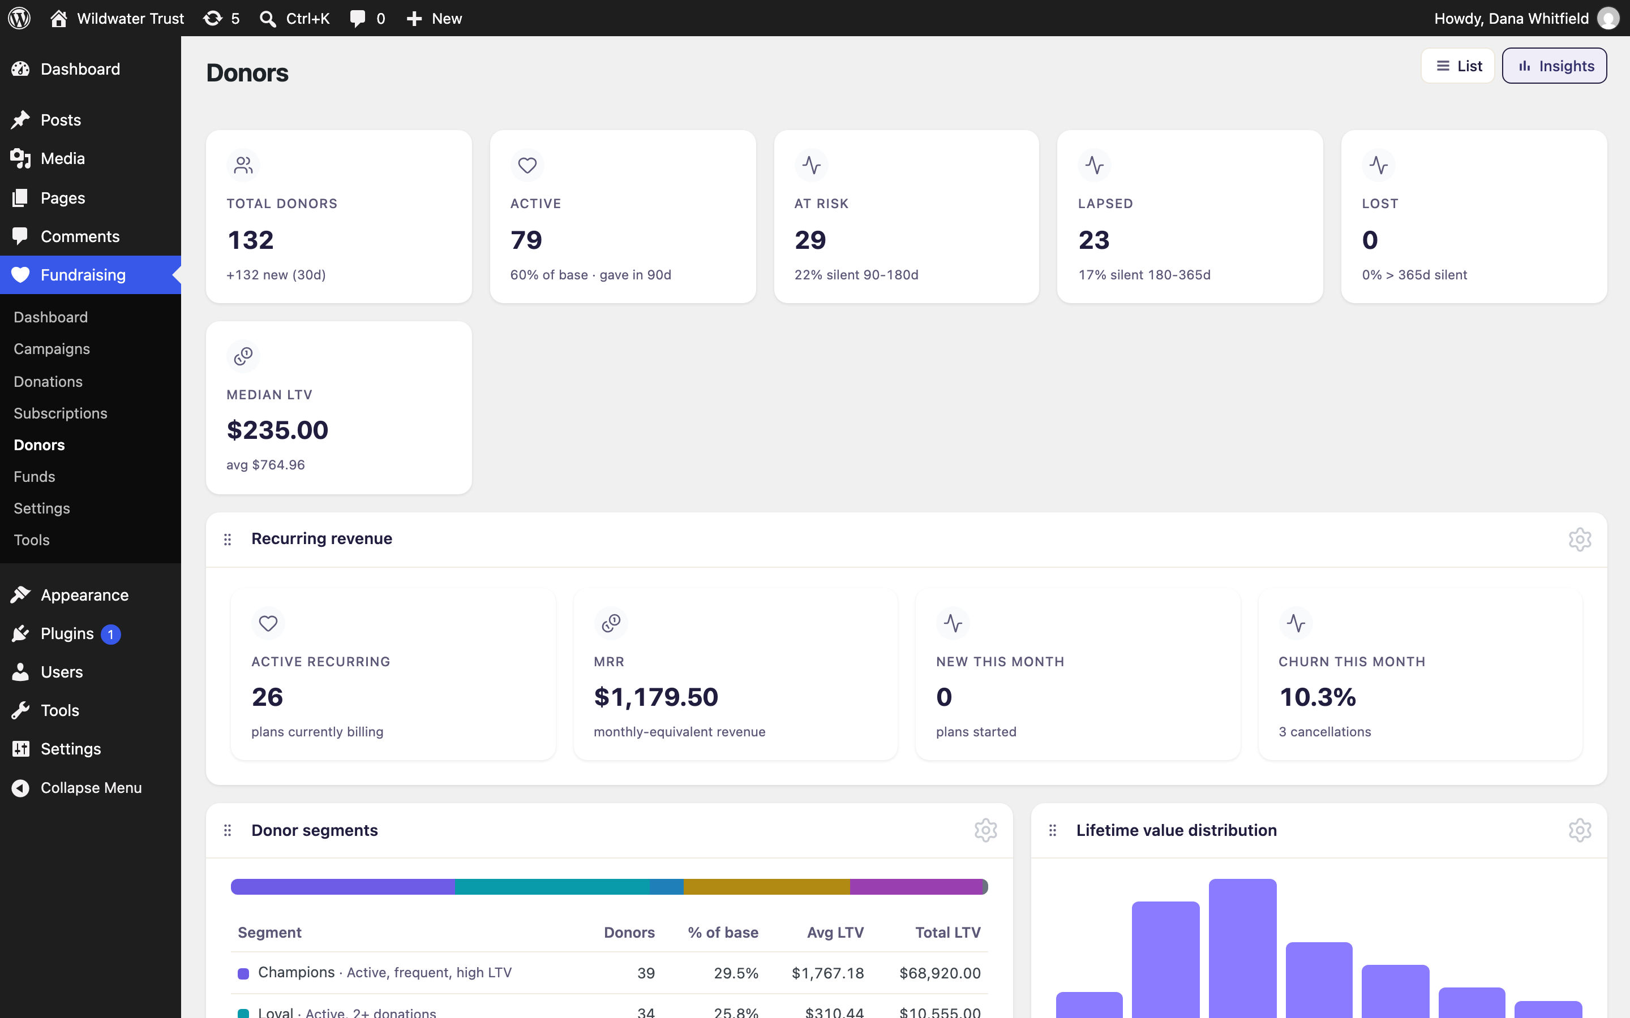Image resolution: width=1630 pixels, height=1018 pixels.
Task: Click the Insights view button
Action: pos(1554,66)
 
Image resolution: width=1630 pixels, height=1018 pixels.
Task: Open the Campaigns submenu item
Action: pos(52,349)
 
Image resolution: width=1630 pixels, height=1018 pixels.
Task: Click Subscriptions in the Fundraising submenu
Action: pos(61,413)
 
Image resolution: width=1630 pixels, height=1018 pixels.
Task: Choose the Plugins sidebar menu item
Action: pos(67,633)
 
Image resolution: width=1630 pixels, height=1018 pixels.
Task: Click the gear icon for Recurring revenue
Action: pos(1580,540)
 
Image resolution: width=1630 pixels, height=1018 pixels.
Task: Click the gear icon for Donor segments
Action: pos(985,830)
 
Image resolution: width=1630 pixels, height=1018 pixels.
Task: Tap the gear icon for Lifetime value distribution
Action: pos(1580,830)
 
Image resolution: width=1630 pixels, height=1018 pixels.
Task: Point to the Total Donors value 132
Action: pos(251,240)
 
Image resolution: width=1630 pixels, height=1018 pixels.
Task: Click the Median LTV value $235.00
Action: pos(277,430)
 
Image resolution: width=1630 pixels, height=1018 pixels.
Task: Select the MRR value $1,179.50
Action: pos(656,697)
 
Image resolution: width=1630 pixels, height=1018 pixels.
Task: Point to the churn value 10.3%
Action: pos(1318,697)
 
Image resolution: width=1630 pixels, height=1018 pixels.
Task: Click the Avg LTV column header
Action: pos(835,933)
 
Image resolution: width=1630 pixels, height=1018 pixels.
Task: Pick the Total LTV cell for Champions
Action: pos(940,973)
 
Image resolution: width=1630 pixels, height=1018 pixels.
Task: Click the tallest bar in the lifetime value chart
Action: pos(1242,948)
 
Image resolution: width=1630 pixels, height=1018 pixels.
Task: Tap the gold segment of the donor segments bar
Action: pos(766,887)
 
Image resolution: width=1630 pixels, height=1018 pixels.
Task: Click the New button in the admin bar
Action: pos(435,18)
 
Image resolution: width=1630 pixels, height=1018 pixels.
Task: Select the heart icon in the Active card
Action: pos(527,165)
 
